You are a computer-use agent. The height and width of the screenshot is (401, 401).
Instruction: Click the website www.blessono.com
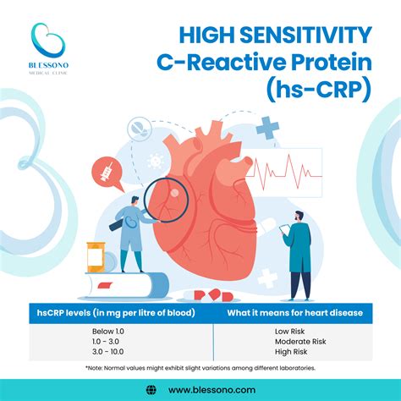tap(211, 388)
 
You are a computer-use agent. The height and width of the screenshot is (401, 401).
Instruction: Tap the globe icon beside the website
tap(151, 388)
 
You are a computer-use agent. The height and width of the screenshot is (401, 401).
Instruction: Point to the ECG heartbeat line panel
tap(283, 169)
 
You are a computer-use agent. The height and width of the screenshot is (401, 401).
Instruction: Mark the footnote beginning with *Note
tap(200, 368)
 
